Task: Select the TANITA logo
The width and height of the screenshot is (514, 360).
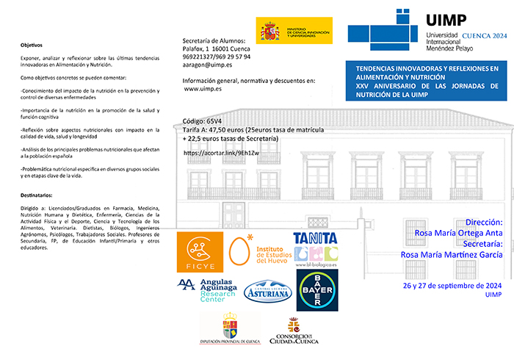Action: coord(315,248)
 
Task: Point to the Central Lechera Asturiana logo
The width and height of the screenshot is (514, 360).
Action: coord(267,291)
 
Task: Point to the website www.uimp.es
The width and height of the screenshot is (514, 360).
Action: coord(203,89)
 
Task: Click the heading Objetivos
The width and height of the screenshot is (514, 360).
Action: coord(32,45)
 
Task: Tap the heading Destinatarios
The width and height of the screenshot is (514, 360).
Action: coord(37,195)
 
